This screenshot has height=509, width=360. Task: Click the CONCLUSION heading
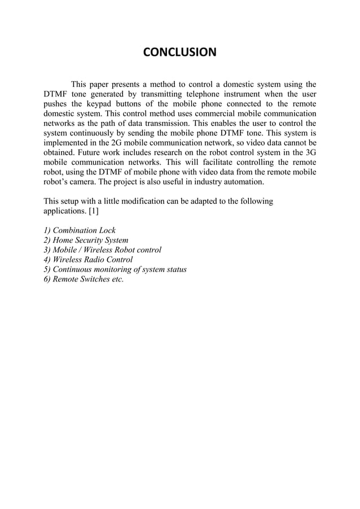179,53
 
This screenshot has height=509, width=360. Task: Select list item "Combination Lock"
80,231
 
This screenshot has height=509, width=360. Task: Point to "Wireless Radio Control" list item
88,260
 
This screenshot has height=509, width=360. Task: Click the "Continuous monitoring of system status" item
115,269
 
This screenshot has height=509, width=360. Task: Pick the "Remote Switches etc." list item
84,279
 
